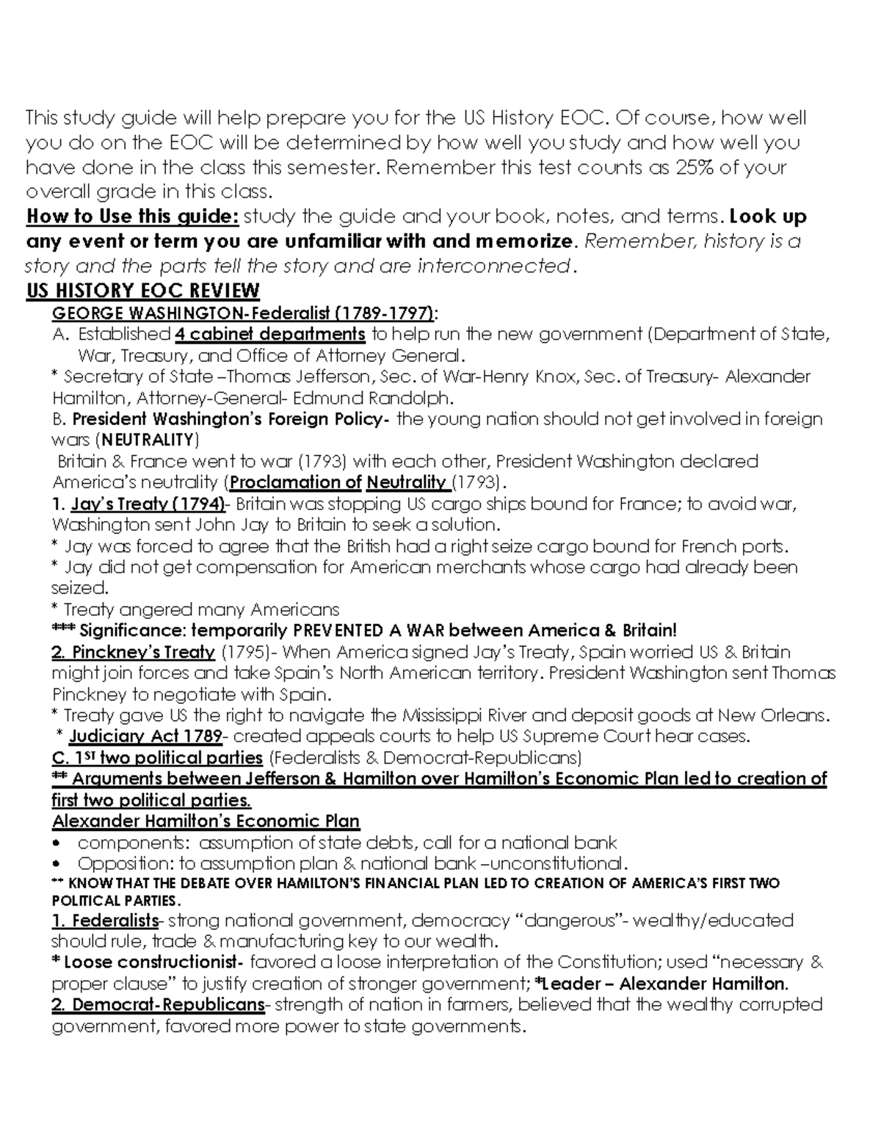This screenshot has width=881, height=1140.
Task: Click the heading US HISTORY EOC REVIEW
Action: tap(142, 291)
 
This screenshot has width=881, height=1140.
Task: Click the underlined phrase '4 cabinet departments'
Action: tap(270, 335)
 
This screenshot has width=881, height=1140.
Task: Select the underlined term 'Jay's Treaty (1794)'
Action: tap(148, 504)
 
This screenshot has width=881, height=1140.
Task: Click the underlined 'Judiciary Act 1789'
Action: tap(145, 736)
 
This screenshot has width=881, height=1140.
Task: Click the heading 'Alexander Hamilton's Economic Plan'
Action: tap(206, 821)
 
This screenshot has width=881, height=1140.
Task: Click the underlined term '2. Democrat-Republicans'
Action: tap(158, 1004)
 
